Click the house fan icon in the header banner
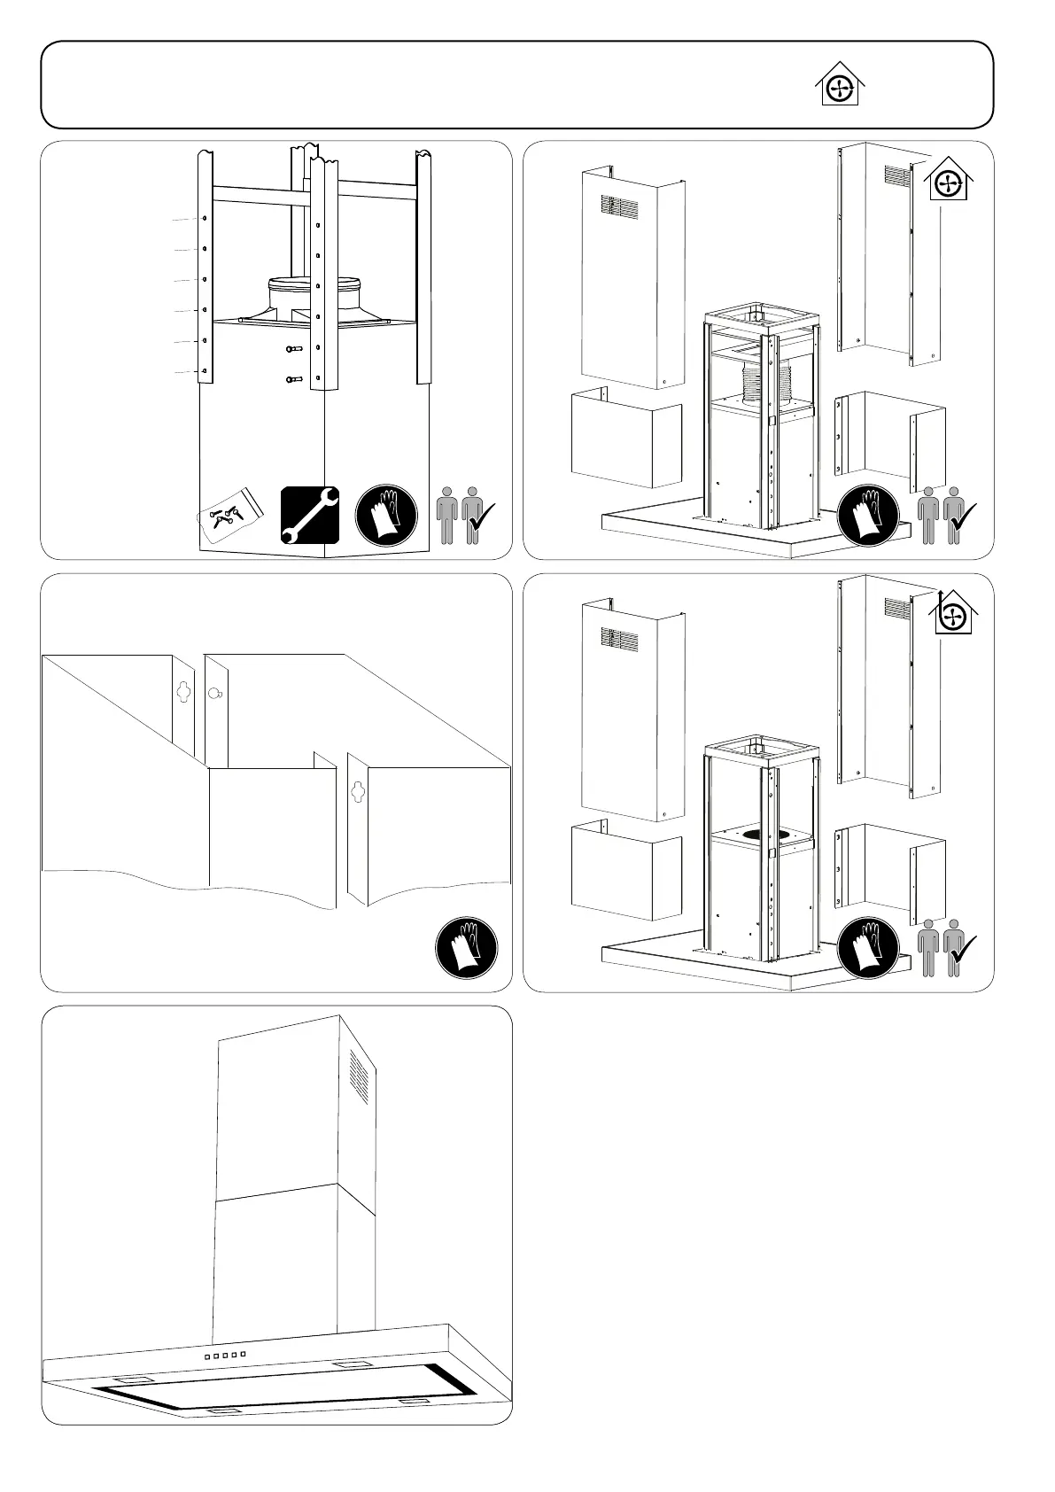pyautogui.click(x=838, y=86)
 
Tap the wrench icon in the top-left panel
pyautogui.click(x=309, y=515)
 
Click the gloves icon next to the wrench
pyautogui.click(x=386, y=515)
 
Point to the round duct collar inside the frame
pyautogui.click(x=314, y=292)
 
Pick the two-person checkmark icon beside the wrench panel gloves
pyautogui.click(x=464, y=515)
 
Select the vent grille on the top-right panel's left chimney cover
pyautogui.click(x=619, y=207)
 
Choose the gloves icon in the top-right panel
pyautogui.click(x=868, y=515)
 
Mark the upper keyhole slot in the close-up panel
pyautogui.click(x=183, y=691)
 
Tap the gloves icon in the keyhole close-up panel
pyautogui.click(x=466, y=947)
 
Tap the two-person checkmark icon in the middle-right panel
pyautogui.click(x=945, y=947)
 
